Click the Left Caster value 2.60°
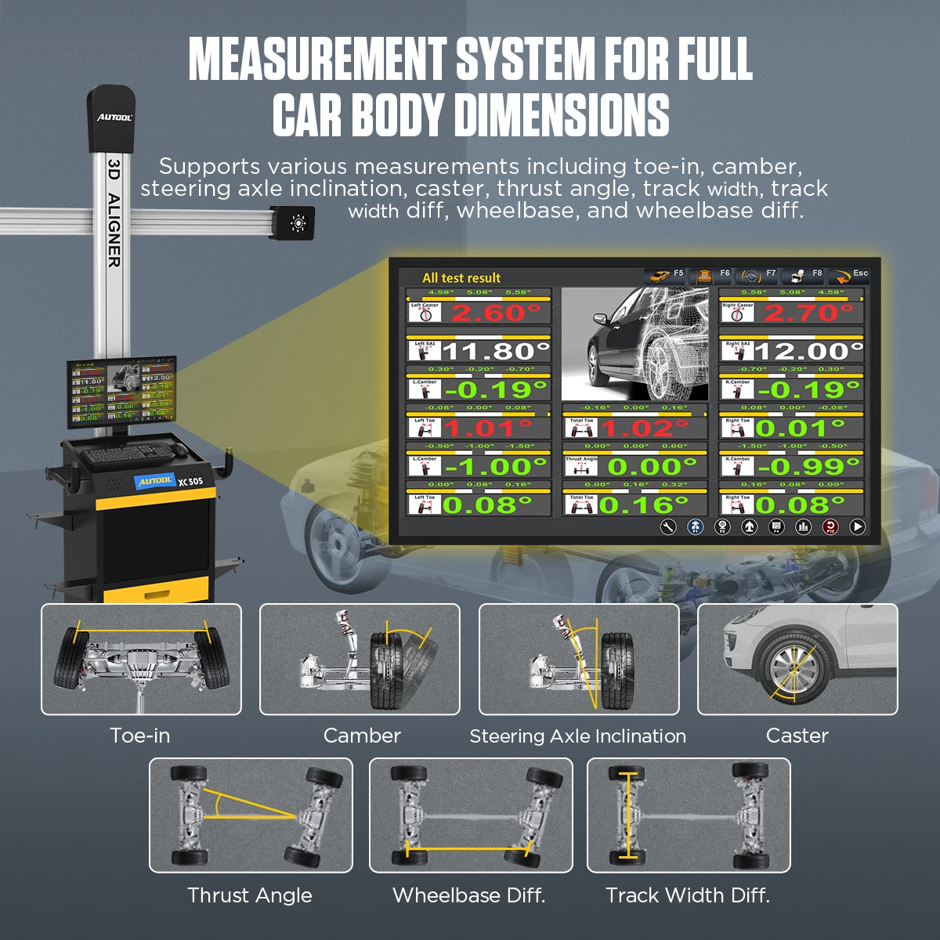click(x=496, y=313)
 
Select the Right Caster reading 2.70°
click(x=808, y=313)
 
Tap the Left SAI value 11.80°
click(x=496, y=351)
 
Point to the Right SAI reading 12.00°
click(x=808, y=351)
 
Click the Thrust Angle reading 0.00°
click(x=648, y=467)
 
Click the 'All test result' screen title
click(x=461, y=278)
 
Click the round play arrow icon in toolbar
click(x=858, y=527)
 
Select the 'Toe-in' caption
click(x=139, y=736)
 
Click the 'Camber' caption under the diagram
click(x=362, y=736)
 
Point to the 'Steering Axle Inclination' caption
click(x=577, y=736)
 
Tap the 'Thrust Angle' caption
click(x=250, y=895)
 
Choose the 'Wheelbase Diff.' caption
click(x=468, y=895)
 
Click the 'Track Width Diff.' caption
click(x=688, y=895)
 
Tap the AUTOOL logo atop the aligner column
click(x=114, y=117)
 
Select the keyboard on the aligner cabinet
click(x=126, y=454)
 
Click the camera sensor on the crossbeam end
click(x=297, y=223)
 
